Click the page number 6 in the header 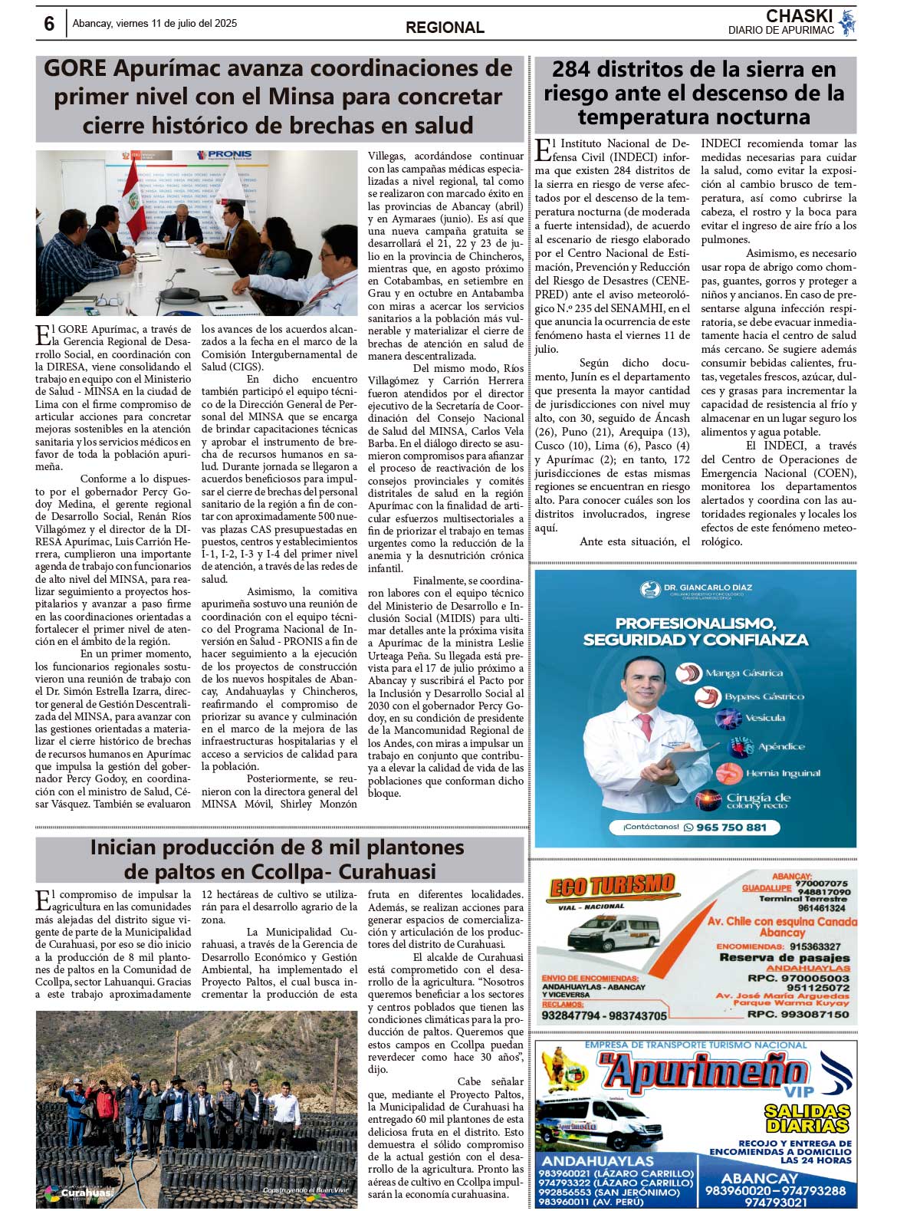[49, 24]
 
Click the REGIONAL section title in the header [445, 28]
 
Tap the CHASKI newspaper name [799, 16]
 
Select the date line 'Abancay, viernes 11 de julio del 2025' [155, 23]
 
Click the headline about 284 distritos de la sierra [694, 93]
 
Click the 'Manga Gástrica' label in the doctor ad [744, 673]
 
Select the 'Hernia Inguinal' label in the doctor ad [782, 773]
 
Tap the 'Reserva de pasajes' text [784, 957]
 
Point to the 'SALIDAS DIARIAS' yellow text [807, 1118]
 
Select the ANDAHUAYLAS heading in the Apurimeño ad [597, 1161]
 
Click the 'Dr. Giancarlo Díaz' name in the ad [708, 587]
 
